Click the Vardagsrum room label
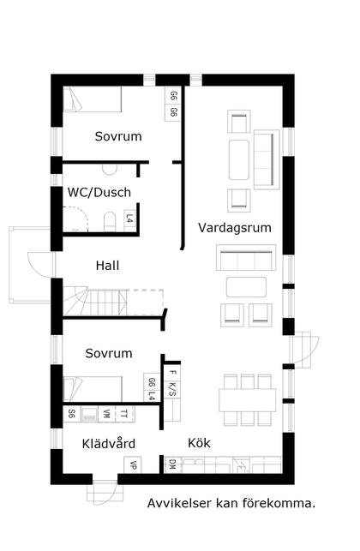pyautogui.click(x=234, y=228)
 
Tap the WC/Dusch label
pyautogui.click(x=99, y=192)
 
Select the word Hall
pyautogui.click(x=107, y=266)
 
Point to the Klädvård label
pyautogui.click(x=109, y=443)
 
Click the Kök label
pyautogui.click(x=199, y=443)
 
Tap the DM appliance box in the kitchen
pyautogui.click(x=172, y=464)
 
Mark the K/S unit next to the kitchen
pyautogui.click(x=172, y=388)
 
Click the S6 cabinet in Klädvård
pyautogui.click(x=71, y=413)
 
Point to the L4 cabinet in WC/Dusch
pyautogui.click(x=129, y=220)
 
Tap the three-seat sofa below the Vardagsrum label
pyautogui.click(x=247, y=258)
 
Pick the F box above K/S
pyautogui.click(x=172, y=372)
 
